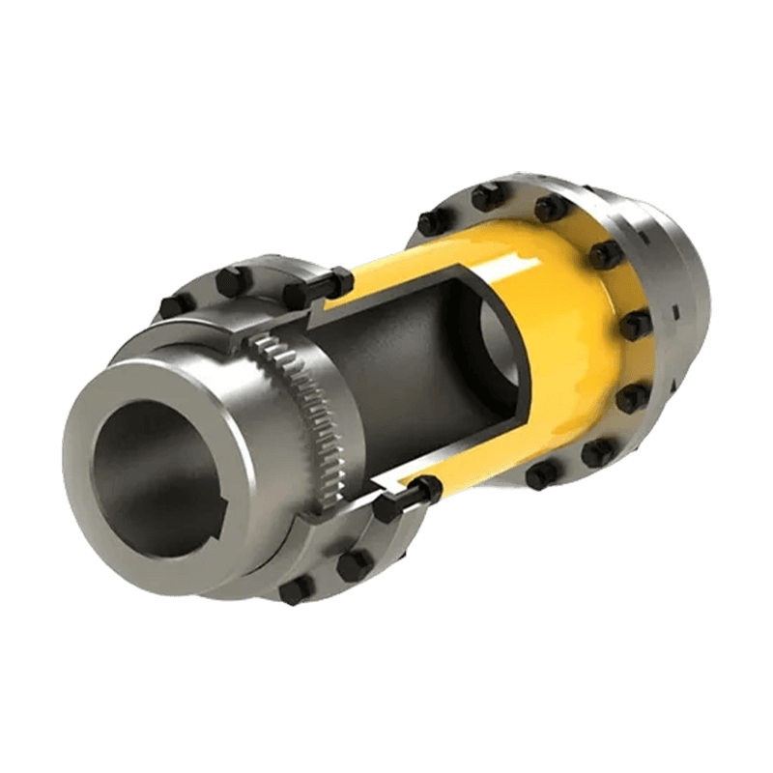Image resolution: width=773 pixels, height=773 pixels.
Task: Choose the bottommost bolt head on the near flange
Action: click(294, 591)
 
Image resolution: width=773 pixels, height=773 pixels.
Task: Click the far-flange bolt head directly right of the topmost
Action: click(551, 209)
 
